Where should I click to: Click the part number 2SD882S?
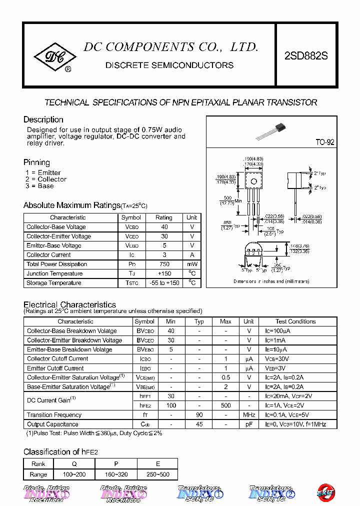(x=306, y=56)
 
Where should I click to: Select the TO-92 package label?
(x=324, y=142)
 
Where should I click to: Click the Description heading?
(x=43, y=119)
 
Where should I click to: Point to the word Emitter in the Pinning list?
(x=49, y=172)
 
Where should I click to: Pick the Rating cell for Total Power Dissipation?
(x=164, y=264)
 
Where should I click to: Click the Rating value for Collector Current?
(x=164, y=254)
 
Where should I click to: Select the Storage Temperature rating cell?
(x=164, y=283)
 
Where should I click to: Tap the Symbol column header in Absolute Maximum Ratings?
(x=131, y=217)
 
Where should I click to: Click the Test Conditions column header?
(x=295, y=321)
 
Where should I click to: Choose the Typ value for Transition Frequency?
(x=199, y=415)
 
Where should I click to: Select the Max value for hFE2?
(x=225, y=405)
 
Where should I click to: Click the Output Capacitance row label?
(x=52, y=424)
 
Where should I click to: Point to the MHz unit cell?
(x=249, y=415)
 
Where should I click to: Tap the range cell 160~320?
(x=116, y=474)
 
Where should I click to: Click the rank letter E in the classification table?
(x=156, y=464)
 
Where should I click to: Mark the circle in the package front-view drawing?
(x=254, y=180)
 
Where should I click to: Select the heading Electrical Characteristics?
(x=69, y=304)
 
